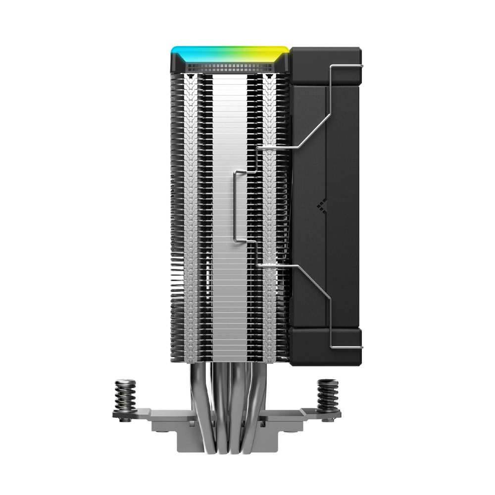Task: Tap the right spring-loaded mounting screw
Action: [x=327, y=394]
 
